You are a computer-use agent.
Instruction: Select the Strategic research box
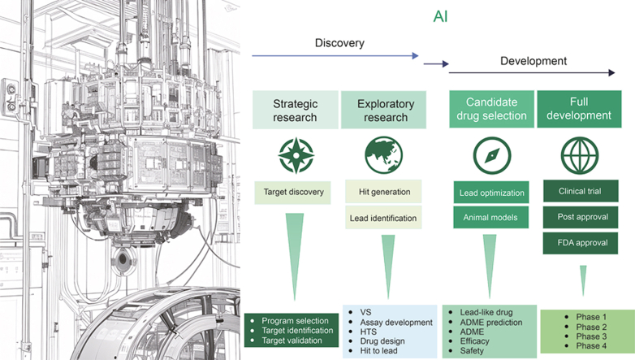click(295, 111)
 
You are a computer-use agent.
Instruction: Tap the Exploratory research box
click(385, 111)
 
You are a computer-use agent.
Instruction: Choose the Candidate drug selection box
click(492, 111)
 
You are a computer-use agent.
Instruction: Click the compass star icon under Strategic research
click(295, 154)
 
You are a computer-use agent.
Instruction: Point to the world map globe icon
click(385, 154)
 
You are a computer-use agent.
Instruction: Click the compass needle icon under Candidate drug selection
click(492, 154)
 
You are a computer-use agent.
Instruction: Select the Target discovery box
click(295, 193)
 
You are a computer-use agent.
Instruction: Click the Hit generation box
click(384, 193)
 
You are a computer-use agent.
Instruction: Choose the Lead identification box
click(384, 218)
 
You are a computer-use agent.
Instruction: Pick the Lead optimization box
click(492, 193)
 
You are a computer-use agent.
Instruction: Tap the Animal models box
click(492, 217)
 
